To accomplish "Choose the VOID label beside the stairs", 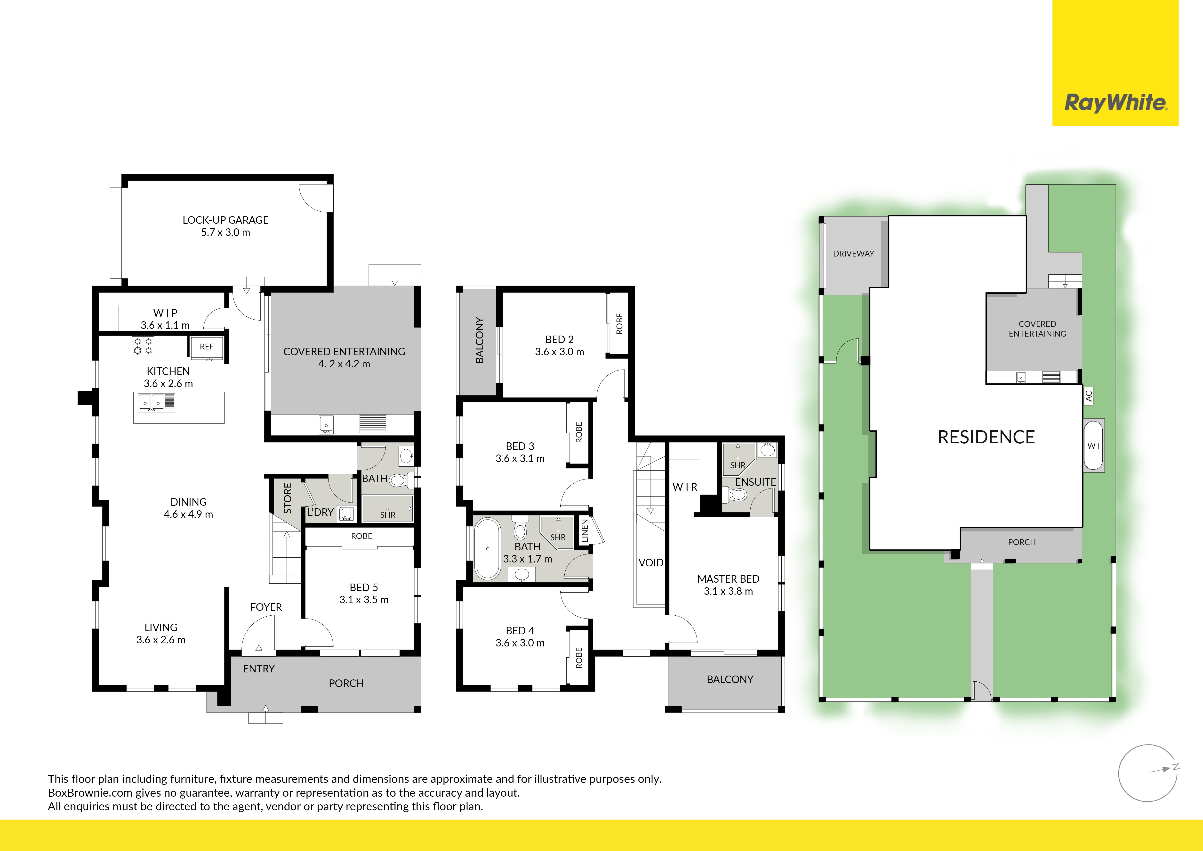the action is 651,563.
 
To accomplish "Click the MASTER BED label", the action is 728,579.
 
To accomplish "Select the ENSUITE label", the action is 755,482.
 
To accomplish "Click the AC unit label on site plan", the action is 1089,395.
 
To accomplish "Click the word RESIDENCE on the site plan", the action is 986,437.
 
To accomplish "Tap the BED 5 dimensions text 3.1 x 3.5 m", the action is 364,600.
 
